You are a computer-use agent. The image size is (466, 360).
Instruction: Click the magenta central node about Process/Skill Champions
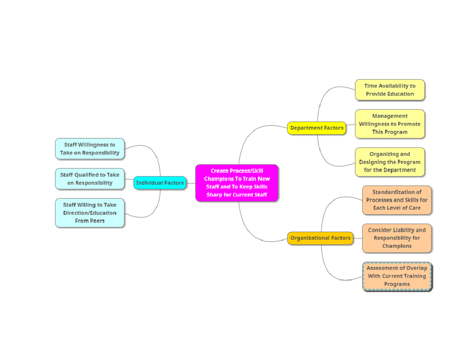pyautogui.click(x=236, y=183)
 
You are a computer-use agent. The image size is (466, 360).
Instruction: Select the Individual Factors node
pyautogui.click(x=160, y=183)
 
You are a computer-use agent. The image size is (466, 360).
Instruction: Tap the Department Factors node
pyautogui.click(x=316, y=128)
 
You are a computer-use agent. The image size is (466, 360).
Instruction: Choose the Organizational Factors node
pyautogui.click(x=320, y=238)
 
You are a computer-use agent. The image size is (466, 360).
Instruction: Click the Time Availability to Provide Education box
pyautogui.click(x=389, y=90)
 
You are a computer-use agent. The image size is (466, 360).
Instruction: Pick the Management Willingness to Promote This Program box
pyautogui.click(x=389, y=124)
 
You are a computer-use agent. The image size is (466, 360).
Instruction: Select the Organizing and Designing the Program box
pyautogui.click(x=389, y=162)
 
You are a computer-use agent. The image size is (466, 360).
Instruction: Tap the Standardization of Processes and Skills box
pyautogui.click(x=396, y=200)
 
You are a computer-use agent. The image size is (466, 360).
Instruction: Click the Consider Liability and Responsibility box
pyautogui.click(x=396, y=238)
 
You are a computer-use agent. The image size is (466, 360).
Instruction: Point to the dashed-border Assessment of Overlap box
pyautogui.click(x=396, y=276)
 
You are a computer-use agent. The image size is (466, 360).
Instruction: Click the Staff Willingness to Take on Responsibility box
pyautogui.click(x=90, y=149)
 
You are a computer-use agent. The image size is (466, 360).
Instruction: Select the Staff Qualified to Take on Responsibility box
pyautogui.click(x=90, y=179)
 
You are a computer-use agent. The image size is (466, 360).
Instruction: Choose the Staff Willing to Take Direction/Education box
pyautogui.click(x=90, y=213)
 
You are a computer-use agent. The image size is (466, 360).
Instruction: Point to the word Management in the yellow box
pyautogui.click(x=389, y=116)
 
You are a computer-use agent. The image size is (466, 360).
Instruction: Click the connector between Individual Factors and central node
pyautogui.click(x=191, y=183)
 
